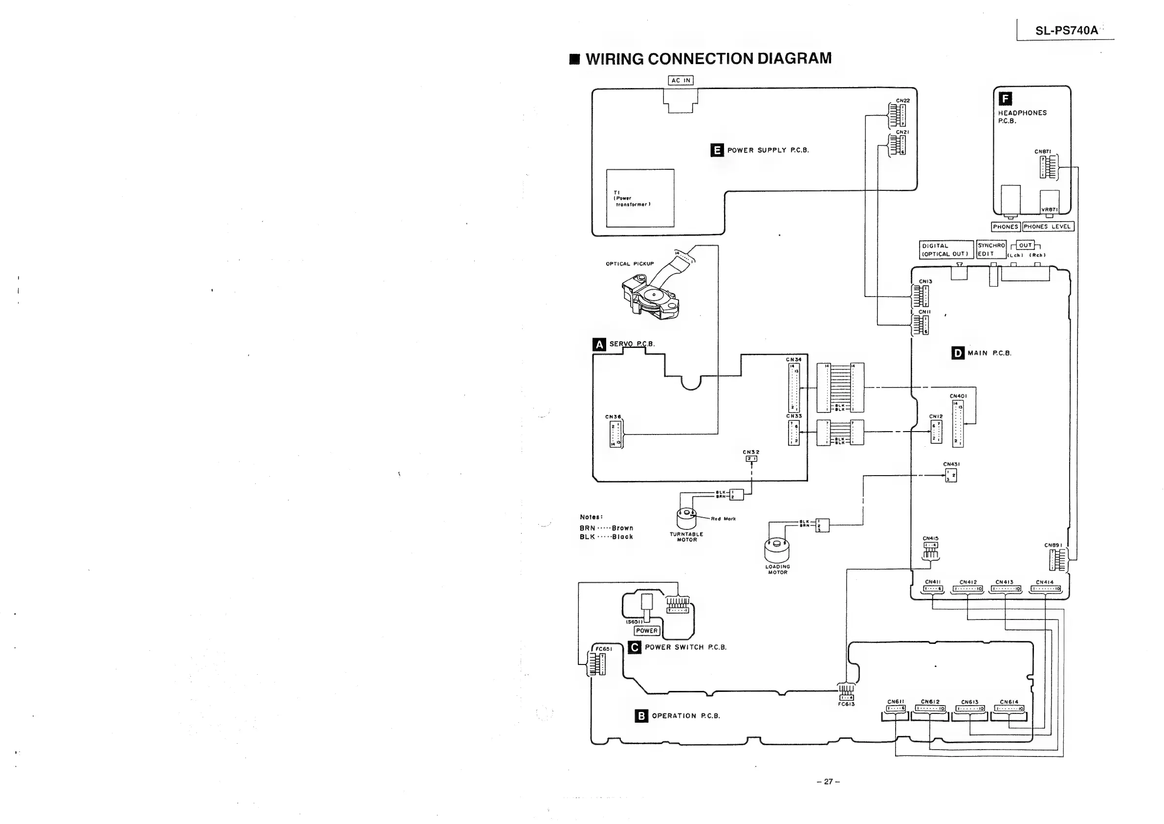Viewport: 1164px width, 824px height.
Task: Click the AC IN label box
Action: (x=681, y=80)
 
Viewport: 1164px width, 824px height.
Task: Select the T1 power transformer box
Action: (x=640, y=198)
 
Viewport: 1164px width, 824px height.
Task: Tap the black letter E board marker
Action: (x=717, y=150)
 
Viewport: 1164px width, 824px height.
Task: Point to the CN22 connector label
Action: (x=903, y=100)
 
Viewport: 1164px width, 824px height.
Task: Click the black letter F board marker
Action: (x=1005, y=98)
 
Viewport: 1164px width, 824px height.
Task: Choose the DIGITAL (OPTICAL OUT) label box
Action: (x=946, y=250)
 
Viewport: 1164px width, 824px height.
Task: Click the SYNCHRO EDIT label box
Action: (x=991, y=250)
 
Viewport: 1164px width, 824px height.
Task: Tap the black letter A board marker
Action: (x=599, y=344)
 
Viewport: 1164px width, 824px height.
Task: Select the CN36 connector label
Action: (x=613, y=417)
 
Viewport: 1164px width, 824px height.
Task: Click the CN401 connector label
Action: (x=958, y=396)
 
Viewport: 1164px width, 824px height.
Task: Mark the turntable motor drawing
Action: (x=686, y=518)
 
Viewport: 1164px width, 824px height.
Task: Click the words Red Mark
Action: (x=724, y=519)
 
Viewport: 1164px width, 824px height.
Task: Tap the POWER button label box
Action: (x=647, y=631)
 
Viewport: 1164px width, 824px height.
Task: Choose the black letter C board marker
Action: (x=634, y=647)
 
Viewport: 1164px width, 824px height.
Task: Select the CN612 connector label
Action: (x=930, y=702)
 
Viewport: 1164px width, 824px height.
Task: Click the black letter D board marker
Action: (x=958, y=353)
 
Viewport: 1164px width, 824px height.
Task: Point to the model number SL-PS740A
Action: (x=1066, y=30)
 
